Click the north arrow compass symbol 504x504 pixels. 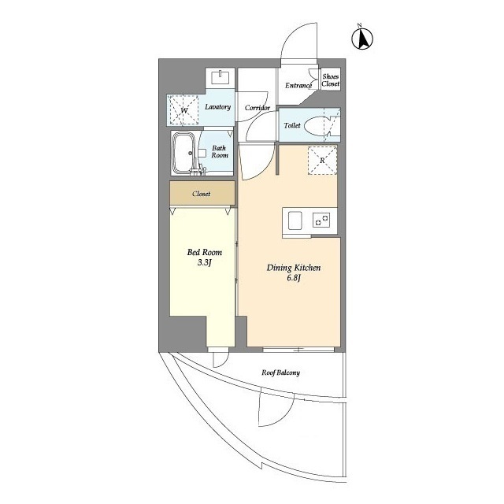(x=362, y=39)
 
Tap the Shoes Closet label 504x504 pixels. (x=331, y=80)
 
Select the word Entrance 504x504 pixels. (x=298, y=86)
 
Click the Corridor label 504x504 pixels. (x=258, y=108)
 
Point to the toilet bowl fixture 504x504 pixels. (x=317, y=126)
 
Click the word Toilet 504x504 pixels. (x=292, y=125)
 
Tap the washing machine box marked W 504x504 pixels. (x=183, y=110)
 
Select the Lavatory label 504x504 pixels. (x=218, y=107)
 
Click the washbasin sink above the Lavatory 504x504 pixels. (x=220, y=78)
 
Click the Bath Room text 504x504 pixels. (x=220, y=152)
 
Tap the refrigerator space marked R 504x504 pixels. (x=322, y=161)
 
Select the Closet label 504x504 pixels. (x=202, y=194)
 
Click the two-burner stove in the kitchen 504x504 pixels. (x=321, y=220)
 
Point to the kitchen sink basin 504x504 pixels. (x=295, y=220)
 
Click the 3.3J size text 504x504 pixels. (x=205, y=263)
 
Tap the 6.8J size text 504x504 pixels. (x=294, y=278)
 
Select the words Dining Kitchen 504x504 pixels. (x=294, y=268)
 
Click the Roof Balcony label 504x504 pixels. (x=280, y=372)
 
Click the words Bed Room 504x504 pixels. (x=205, y=252)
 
